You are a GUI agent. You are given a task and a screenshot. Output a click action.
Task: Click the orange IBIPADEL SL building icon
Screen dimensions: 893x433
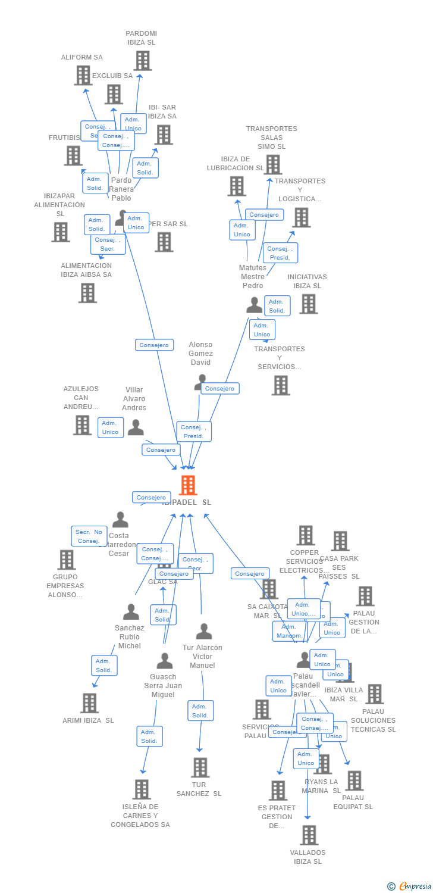[x=188, y=485]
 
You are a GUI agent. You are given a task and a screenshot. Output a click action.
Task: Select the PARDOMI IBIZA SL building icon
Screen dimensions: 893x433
[x=142, y=61]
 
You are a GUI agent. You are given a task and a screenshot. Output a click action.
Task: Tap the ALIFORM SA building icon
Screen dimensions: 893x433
[x=83, y=75]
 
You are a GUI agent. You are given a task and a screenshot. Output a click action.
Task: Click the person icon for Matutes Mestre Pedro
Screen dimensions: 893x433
[x=254, y=305]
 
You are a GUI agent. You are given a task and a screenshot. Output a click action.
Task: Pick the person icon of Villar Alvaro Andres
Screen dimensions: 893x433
[x=136, y=427]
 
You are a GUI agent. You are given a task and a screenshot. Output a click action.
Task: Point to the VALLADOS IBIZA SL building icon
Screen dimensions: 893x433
[x=309, y=835]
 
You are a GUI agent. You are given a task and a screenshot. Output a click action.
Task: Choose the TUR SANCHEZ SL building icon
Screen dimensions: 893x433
[x=200, y=767]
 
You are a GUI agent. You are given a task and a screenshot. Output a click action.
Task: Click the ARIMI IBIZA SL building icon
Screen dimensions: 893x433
[x=89, y=703]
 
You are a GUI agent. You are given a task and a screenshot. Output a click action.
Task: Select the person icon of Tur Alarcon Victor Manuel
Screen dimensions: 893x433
[x=204, y=632]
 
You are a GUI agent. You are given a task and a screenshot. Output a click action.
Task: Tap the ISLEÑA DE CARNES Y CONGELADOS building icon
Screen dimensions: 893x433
[x=141, y=789]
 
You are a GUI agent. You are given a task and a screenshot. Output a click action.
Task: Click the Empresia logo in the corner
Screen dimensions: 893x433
[x=409, y=886]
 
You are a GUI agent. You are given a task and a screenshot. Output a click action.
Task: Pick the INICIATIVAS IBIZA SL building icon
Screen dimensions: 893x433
[x=308, y=304]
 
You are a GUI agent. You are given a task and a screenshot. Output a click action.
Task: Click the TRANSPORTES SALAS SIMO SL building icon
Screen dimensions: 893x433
[x=272, y=164]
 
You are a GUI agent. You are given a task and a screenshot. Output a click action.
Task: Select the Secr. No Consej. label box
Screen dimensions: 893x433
[x=89, y=536]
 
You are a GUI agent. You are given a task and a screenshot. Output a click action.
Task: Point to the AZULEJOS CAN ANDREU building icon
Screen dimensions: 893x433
[x=82, y=425]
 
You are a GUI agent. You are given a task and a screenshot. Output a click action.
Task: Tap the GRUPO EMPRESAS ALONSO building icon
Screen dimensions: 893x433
[x=66, y=560]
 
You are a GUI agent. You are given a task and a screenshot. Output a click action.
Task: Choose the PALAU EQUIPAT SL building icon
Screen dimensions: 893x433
[x=354, y=780]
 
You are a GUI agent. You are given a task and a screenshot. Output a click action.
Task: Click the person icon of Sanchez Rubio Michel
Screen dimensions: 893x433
[x=131, y=612]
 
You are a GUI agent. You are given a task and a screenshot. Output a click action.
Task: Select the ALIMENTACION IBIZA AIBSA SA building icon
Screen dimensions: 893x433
[x=87, y=293]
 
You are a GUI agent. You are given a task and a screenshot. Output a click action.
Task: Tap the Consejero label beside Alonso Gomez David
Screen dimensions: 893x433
[x=220, y=389]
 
